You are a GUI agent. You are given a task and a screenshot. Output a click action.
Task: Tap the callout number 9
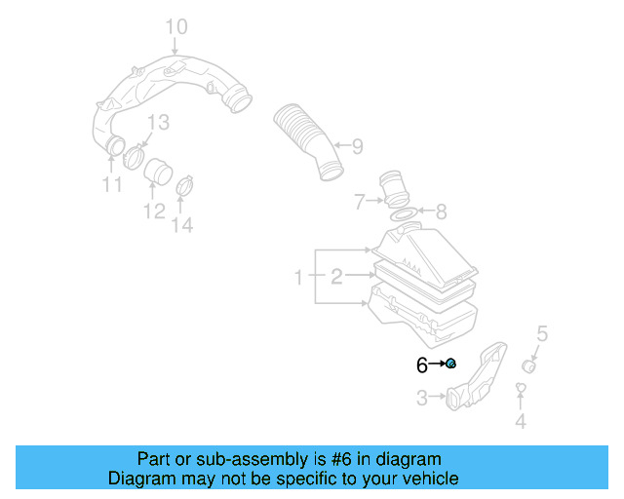pyautogui.click(x=357, y=147)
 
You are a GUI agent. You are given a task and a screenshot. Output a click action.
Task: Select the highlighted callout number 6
pyautogui.click(x=422, y=365)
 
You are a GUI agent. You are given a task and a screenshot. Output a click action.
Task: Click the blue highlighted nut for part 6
pyautogui.click(x=450, y=364)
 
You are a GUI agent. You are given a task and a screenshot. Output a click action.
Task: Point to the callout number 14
pyautogui.click(x=182, y=226)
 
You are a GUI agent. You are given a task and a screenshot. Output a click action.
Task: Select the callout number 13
pyautogui.click(x=157, y=122)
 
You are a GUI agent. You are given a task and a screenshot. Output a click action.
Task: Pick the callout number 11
pyautogui.click(x=112, y=185)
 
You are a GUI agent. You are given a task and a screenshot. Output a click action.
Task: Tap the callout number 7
pyautogui.click(x=360, y=202)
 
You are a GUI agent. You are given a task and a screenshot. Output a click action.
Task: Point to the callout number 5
pyautogui.click(x=543, y=333)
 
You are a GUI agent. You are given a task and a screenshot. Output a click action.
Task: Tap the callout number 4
pyautogui.click(x=521, y=421)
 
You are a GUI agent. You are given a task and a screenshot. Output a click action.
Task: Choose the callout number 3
pyautogui.click(x=421, y=398)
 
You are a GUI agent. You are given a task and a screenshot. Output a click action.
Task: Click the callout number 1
pyautogui.click(x=300, y=279)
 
